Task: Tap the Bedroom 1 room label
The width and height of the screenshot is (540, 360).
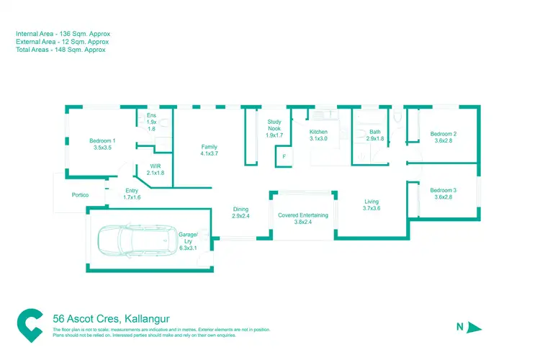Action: (103, 140)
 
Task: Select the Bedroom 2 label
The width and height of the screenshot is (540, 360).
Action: (444, 134)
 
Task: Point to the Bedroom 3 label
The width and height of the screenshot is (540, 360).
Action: (444, 190)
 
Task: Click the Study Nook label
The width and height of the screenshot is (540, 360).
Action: (274, 127)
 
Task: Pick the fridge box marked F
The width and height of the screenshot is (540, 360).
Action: (284, 156)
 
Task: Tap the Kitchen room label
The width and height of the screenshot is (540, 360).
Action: (318, 132)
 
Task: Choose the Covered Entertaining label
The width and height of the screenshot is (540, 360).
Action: (303, 215)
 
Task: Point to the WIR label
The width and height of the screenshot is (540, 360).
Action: (156, 166)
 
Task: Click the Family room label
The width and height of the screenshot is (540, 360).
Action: (209, 147)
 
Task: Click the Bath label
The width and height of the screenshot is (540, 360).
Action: (375, 132)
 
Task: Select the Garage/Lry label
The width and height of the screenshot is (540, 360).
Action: (188, 234)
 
